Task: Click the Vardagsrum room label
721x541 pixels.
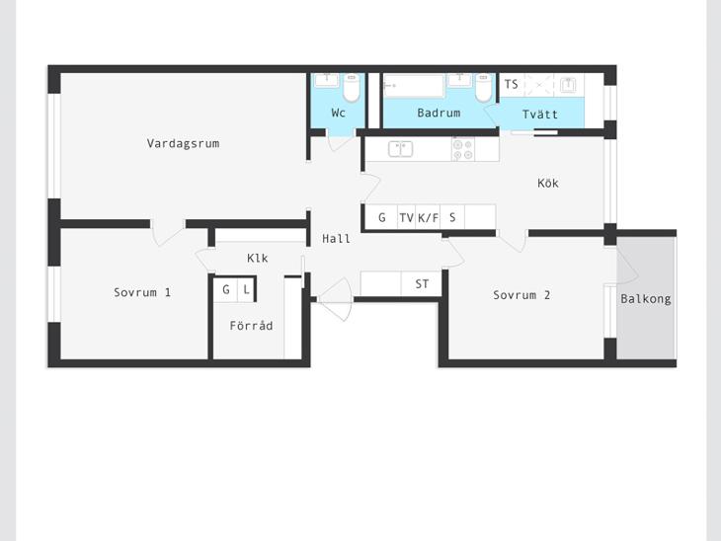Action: point(183,143)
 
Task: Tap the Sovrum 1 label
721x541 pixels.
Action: point(142,292)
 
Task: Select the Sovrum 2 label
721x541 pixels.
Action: point(521,295)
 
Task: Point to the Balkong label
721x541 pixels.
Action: point(646,299)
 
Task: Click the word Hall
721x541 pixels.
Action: point(336,239)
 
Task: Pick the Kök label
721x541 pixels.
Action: point(548,183)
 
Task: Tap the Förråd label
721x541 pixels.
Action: point(251,325)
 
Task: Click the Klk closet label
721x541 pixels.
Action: point(258,258)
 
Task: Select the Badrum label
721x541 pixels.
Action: point(439,113)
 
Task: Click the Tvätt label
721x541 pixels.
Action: point(540,114)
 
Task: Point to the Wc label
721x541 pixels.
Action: point(338,113)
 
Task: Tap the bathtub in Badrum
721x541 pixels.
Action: point(414,86)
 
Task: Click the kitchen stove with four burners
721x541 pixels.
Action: point(463,149)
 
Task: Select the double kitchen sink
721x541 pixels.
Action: point(401,149)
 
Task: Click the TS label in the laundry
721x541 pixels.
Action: point(511,84)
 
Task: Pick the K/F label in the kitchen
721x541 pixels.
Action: point(428,217)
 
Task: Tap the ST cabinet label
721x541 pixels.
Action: point(422,284)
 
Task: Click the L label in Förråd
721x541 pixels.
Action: point(247,289)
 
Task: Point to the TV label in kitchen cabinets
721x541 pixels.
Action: point(407,217)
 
